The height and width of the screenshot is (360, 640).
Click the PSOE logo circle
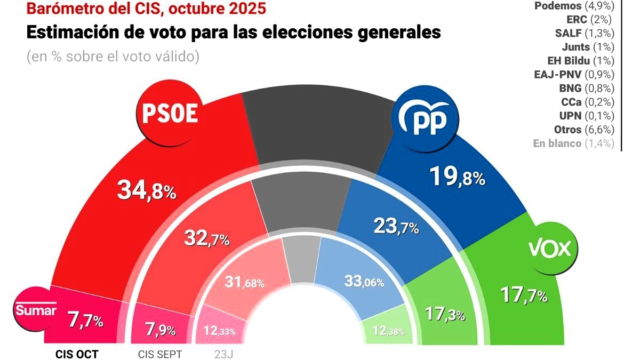170,114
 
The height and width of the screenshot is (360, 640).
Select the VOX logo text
549,249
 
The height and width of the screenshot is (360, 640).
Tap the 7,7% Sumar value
85,321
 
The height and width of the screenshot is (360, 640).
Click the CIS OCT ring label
77,354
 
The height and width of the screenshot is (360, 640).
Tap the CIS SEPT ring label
160,354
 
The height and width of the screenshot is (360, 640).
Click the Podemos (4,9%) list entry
573,6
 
